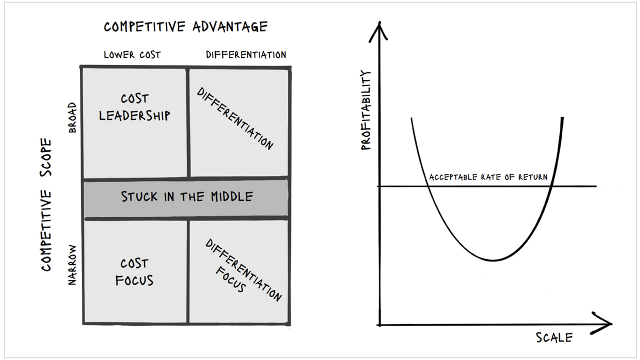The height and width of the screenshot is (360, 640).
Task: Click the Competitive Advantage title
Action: tap(185, 26)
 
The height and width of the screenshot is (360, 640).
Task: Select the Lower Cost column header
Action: tap(132, 54)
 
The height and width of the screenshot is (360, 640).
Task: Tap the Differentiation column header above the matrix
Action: tap(246, 54)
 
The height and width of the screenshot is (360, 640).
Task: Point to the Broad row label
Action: tap(72, 117)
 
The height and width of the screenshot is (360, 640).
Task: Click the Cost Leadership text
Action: tap(134, 107)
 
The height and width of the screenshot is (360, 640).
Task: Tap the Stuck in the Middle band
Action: tap(186, 196)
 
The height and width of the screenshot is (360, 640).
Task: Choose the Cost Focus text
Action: tap(134, 271)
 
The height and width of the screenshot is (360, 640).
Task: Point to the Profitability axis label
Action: tap(366, 110)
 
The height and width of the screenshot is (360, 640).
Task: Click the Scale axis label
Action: tap(554, 337)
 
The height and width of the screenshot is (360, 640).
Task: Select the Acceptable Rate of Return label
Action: tap(488, 177)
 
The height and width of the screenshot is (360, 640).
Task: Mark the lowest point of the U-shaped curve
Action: tap(493, 260)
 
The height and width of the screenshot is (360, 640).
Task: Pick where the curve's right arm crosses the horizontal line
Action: tap(551, 186)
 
